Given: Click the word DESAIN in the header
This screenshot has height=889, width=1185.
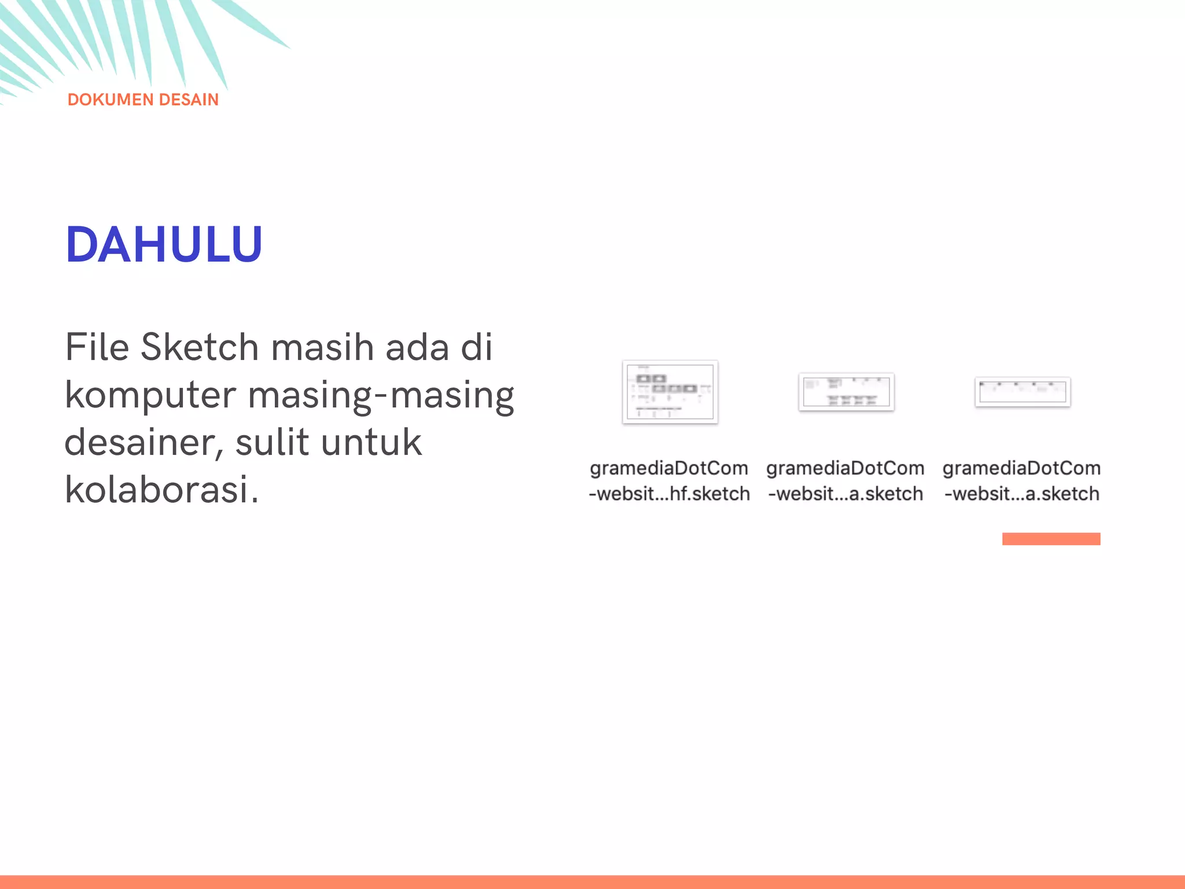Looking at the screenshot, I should pos(189,100).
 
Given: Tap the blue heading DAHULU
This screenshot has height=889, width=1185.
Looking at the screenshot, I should pos(164,245).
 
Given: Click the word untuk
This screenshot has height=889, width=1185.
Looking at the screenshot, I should pos(371,443).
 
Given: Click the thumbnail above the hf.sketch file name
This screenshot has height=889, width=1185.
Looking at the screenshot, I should pos(670,392).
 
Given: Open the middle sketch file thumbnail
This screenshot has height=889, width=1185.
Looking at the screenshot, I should pos(846,392).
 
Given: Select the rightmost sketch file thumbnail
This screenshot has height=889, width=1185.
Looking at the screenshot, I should pos(1022,392).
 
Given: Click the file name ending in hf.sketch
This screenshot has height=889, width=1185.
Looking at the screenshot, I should pos(669,481).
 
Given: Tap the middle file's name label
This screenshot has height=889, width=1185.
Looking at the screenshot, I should pos(845,481).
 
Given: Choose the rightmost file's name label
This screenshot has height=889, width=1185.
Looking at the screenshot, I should pos(1022,481).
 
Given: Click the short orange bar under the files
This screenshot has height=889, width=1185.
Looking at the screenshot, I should pos(1051,539).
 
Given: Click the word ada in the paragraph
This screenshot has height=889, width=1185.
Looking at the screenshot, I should pos(417,347).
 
